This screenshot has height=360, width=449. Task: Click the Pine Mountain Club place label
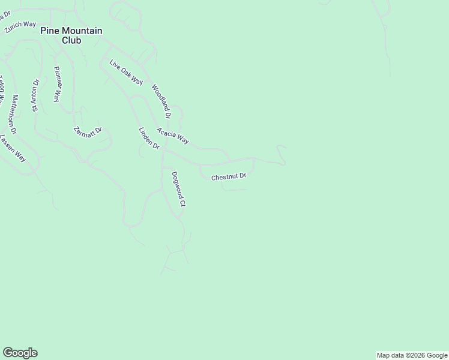click(x=71, y=35)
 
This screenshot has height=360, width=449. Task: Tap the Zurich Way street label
click(x=20, y=27)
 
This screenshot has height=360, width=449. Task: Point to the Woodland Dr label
click(x=161, y=100)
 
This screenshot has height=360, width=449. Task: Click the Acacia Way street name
click(x=173, y=136)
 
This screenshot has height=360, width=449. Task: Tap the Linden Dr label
click(x=149, y=139)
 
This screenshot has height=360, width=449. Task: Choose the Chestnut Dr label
click(x=229, y=176)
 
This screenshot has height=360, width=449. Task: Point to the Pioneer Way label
click(x=58, y=84)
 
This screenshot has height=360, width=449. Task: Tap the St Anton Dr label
click(x=36, y=95)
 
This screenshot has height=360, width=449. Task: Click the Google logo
click(x=20, y=353)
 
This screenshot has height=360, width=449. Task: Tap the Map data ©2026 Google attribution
click(x=412, y=355)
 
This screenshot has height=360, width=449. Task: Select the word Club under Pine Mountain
click(x=71, y=41)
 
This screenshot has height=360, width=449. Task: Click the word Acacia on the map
click(x=166, y=133)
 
